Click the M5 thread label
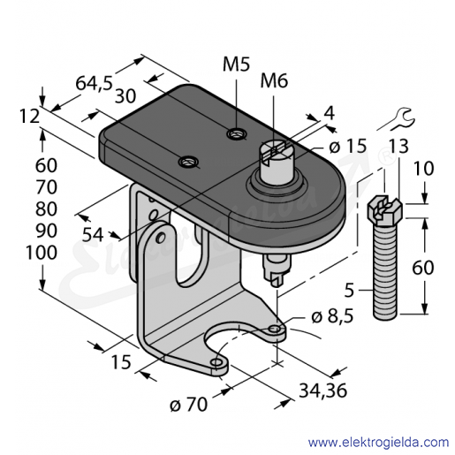tap(236, 64)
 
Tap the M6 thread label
tap(274, 81)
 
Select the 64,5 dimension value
tap(95, 84)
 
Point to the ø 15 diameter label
tap(348, 146)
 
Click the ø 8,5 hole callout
tap(332, 317)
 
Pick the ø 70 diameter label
tap(189, 405)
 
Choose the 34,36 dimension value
tap(323, 391)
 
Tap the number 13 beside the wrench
tap(398, 147)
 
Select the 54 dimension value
tap(93, 235)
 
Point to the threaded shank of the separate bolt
tap(385, 271)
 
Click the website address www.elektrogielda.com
tap(378, 443)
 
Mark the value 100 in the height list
tap(42, 253)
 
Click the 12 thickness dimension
tap(30, 116)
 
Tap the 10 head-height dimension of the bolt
tap(423, 169)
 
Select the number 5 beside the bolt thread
tap(349, 290)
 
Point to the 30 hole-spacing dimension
tap(125, 96)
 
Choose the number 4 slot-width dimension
tap(330, 113)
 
